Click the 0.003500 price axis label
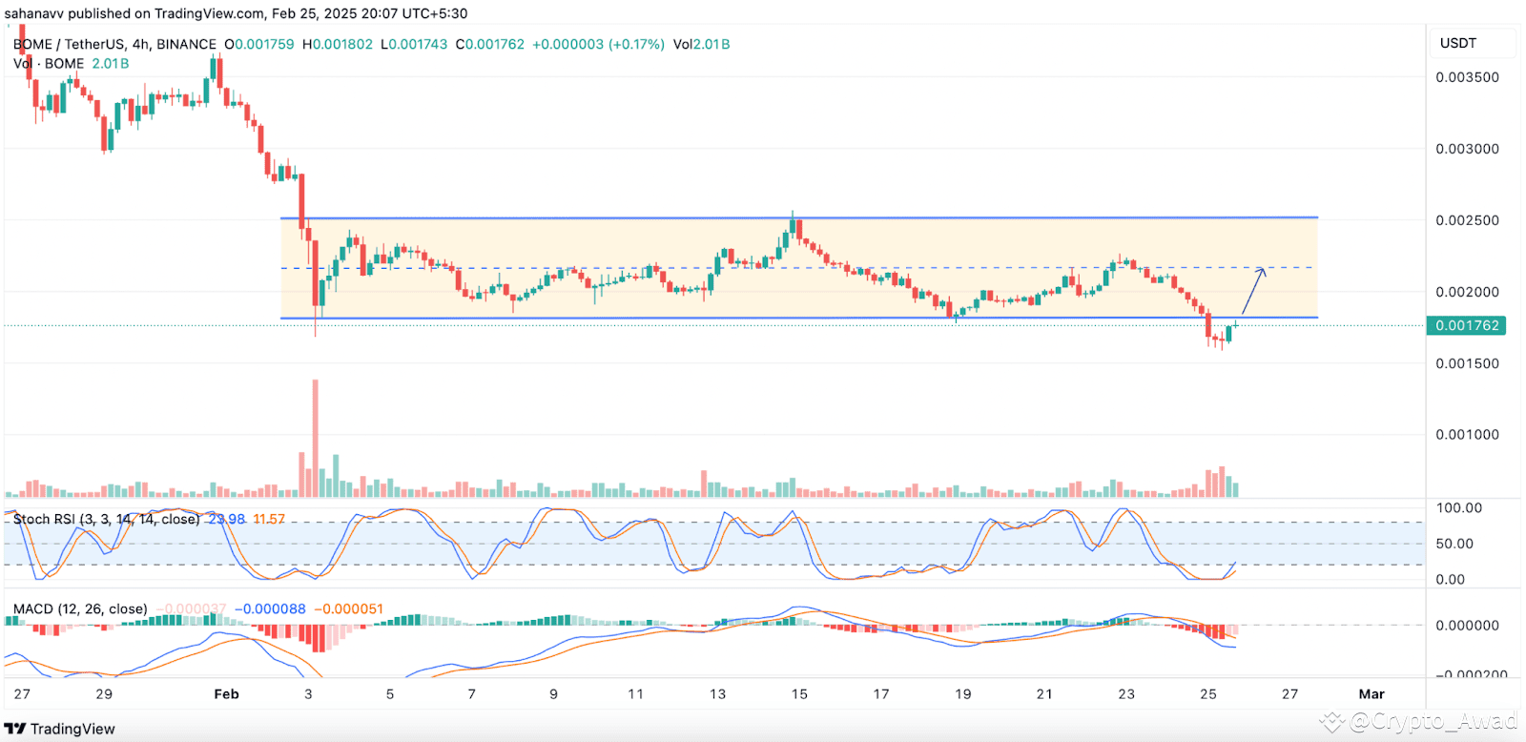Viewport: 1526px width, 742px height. pyautogui.click(x=1467, y=77)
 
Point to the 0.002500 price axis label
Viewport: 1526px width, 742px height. pyautogui.click(x=1467, y=220)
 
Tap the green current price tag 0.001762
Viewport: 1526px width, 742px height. pyautogui.click(x=1468, y=325)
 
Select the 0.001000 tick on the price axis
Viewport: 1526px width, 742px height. pyautogui.click(x=1467, y=434)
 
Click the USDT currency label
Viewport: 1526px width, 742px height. pyautogui.click(x=1458, y=43)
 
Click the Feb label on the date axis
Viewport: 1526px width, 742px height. pyautogui.click(x=226, y=693)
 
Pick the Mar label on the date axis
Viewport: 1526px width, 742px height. pyautogui.click(x=1371, y=693)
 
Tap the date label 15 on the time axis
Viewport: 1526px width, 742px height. pyautogui.click(x=799, y=693)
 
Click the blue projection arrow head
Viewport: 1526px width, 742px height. pyautogui.click(x=1263, y=272)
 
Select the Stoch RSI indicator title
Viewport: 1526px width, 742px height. pyautogui.click(x=106, y=519)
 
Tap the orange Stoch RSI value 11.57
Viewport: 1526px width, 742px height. pyautogui.click(x=269, y=519)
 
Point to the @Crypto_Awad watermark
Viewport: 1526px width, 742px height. pyautogui.click(x=1431, y=721)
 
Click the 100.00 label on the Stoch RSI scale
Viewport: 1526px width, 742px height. pyautogui.click(x=1459, y=507)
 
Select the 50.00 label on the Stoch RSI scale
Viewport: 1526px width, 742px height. pyautogui.click(x=1454, y=544)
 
